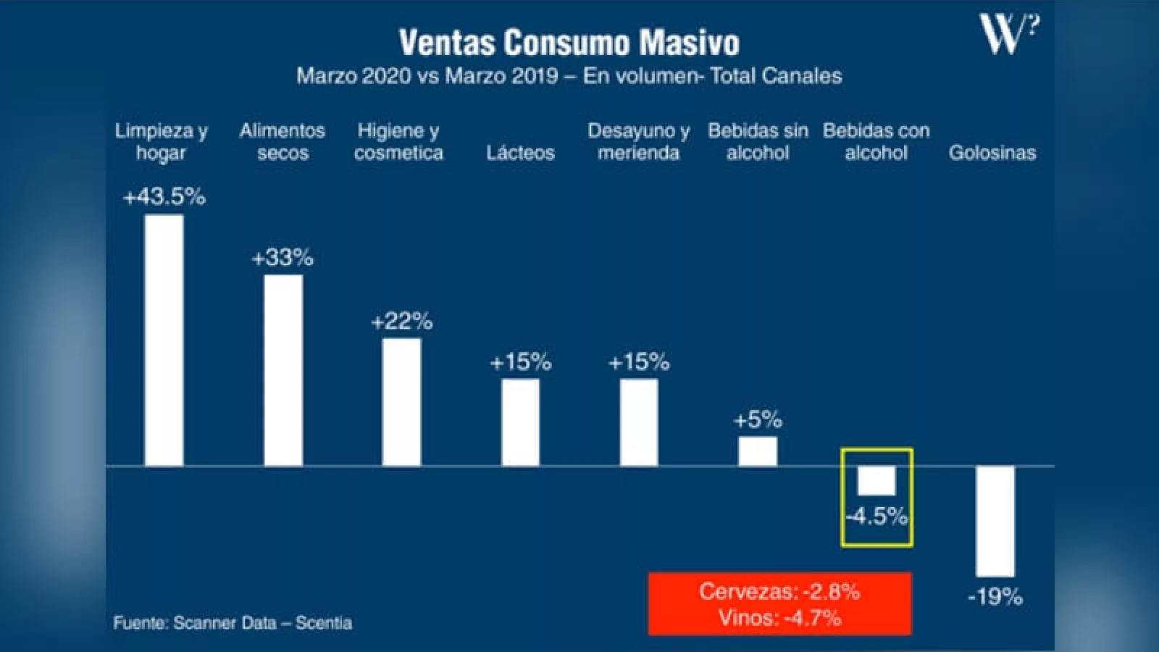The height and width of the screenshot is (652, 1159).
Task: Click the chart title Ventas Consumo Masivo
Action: pyautogui.click(x=569, y=43)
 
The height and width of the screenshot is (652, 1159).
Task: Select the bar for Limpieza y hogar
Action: pyautogui.click(x=164, y=340)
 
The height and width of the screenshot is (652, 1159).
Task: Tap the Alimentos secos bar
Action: pyautogui.click(x=283, y=370)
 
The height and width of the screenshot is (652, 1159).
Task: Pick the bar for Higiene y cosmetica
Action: pyautogui.click(x=401, y=402)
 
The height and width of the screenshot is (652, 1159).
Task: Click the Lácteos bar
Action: pyautogui.click(x=520, y=422)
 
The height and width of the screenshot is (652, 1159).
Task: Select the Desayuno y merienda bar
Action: pyautogui.click(x=639, y=422)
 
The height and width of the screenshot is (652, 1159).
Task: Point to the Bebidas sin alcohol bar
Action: pyautogui.click(x=758, y=451)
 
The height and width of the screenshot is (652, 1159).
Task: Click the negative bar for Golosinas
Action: pyautogui.click(x=995, y=521)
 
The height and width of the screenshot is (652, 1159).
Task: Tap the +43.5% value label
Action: pyautogui.click(x=164, y=197)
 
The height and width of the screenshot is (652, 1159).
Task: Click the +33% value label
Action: pyautogui.click(x=283, y=258)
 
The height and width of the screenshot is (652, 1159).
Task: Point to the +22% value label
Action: pyautogui.click(x=401, y=321)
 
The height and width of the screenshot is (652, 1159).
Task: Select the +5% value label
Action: pyautogui.click(x=758, y=419)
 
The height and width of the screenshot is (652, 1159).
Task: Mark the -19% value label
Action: pyautogui.click(x=995, y=598)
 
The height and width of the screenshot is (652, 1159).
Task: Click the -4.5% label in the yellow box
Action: pyautogui.click(x=876, y=517)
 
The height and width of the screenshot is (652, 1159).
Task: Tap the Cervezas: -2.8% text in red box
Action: pyautogui.click(x=779, y=592)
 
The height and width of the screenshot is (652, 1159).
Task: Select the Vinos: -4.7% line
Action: pyautogui.click(x=779, y=618)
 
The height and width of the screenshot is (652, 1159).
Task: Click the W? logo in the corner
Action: pyautogui.click(x=1009, y=34)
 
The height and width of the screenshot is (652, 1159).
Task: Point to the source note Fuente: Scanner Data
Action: pyautogui.click(x=233, y=623)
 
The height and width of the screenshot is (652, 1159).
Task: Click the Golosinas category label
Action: pyautogui.click(x=992, y=153)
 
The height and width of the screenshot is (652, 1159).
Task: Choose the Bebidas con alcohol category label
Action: pyautogui.click(x=876, y=141)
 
